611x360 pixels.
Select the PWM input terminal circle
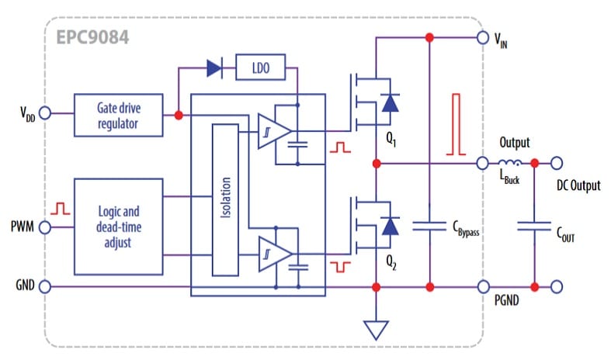point(45,227)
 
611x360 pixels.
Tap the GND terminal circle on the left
point(45,287)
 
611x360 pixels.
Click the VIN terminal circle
point(481,36)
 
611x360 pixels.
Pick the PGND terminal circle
point(481,287)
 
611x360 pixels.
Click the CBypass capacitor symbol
point(429,226)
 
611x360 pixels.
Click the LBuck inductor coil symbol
point(512,163)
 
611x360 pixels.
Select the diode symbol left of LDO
point(215,67)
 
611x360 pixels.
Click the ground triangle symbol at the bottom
point(376,331)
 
